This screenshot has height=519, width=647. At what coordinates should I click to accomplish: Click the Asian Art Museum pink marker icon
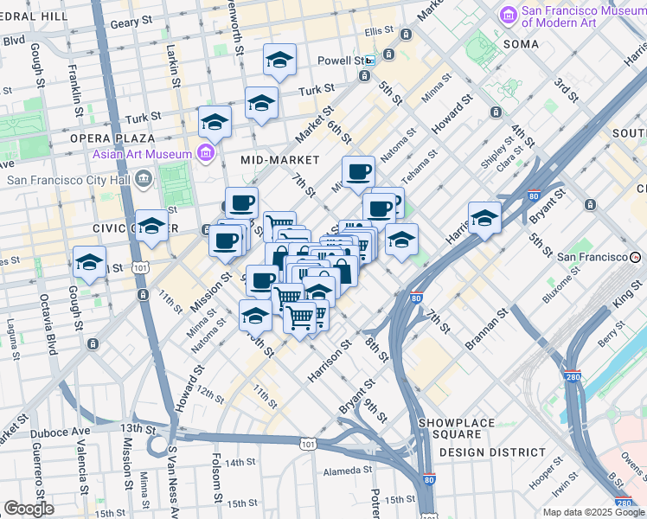tap(206, 154)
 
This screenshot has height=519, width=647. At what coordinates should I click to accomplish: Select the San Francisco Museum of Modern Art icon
tap(508, 16)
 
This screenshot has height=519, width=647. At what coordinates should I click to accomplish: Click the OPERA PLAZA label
tap(112, 138)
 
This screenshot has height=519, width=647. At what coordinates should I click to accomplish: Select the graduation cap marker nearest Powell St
tap(279, 59)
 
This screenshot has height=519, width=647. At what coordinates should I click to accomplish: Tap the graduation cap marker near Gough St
tap(90, 261)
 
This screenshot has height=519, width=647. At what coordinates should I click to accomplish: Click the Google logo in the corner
tap(29, 509)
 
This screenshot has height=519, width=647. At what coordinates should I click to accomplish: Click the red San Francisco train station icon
tap(636, 257)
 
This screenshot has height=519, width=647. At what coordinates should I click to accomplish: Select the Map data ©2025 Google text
tap(593, 512)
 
